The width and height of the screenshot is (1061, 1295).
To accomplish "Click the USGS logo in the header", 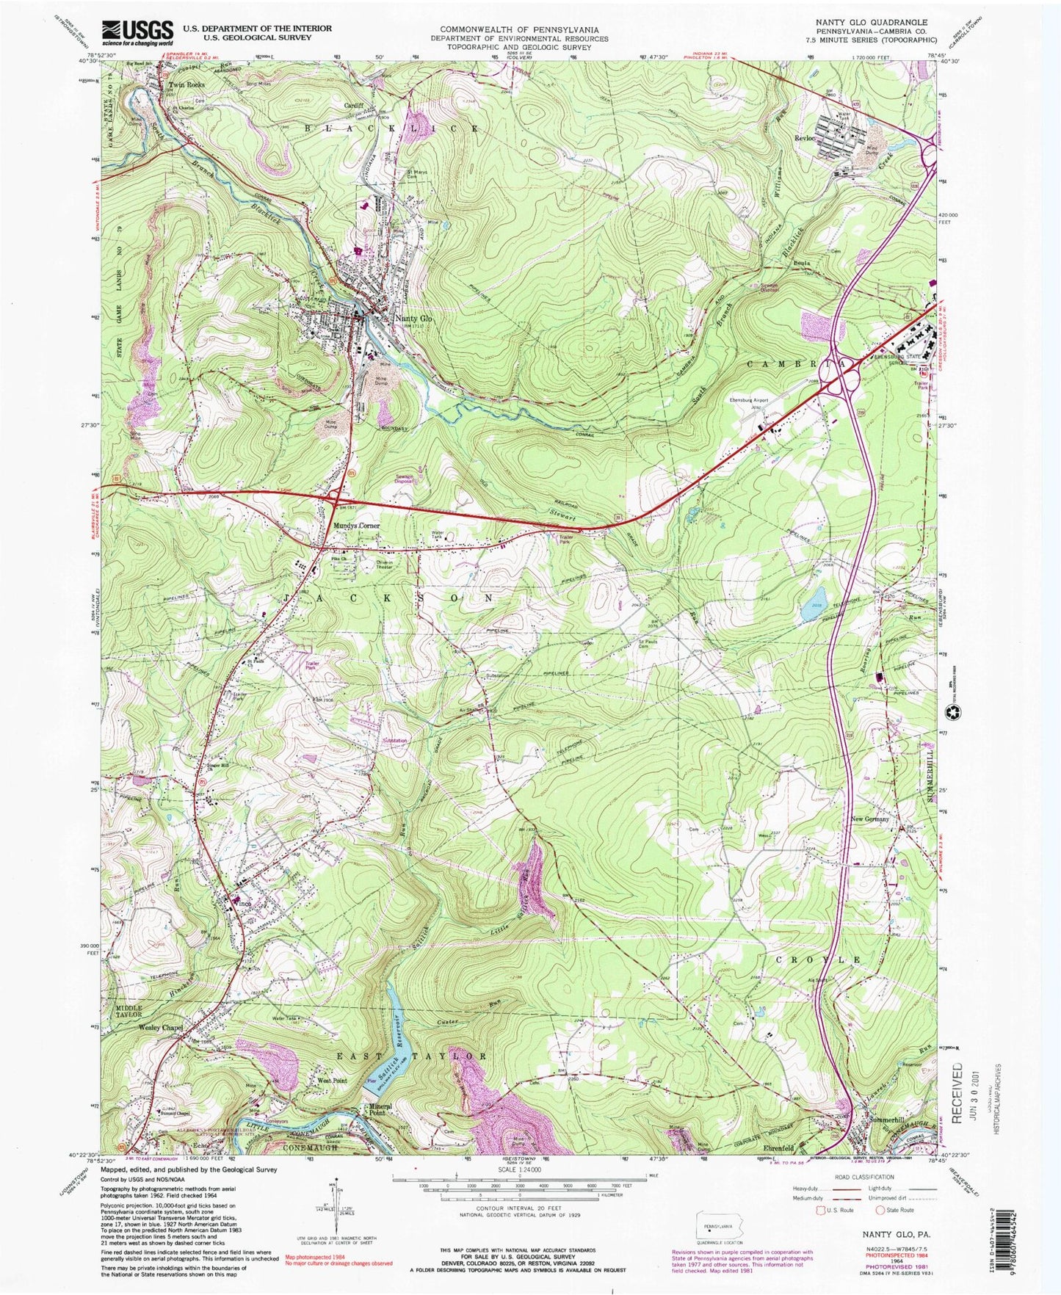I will tap(137, 32).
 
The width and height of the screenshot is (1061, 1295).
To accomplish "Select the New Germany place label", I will tap(869, 819).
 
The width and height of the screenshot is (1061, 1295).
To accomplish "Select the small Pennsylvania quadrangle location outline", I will tap(716, 1227).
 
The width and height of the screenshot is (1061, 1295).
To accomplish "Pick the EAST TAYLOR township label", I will tap(410, 1056).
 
